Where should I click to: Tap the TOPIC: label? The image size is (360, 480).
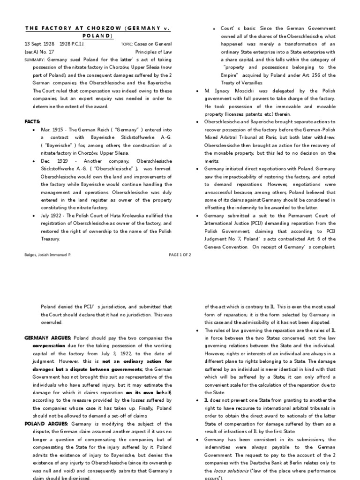127,44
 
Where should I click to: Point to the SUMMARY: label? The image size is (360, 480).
35,61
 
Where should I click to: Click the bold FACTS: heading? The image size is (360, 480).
33,121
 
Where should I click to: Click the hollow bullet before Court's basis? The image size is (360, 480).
214,29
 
